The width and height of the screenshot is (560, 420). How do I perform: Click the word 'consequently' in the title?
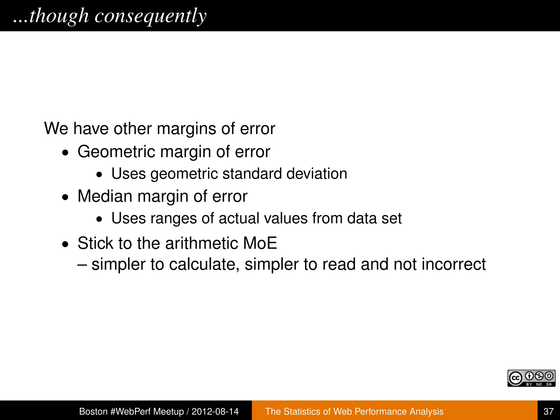(150, 16)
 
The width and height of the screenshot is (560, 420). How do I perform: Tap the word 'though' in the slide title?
(59, 16)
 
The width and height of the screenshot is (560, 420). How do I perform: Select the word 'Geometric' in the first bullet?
(116, 152)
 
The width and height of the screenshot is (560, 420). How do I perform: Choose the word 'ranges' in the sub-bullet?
(173, 218)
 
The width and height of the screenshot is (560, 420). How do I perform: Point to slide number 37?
(549, 411)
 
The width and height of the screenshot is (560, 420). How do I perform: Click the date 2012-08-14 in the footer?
(215, 411)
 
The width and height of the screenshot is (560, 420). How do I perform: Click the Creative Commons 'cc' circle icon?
(515, 378)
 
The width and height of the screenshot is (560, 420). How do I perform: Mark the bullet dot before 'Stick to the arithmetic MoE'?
(65, 244)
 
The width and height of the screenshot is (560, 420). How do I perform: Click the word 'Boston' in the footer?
(93, 411)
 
